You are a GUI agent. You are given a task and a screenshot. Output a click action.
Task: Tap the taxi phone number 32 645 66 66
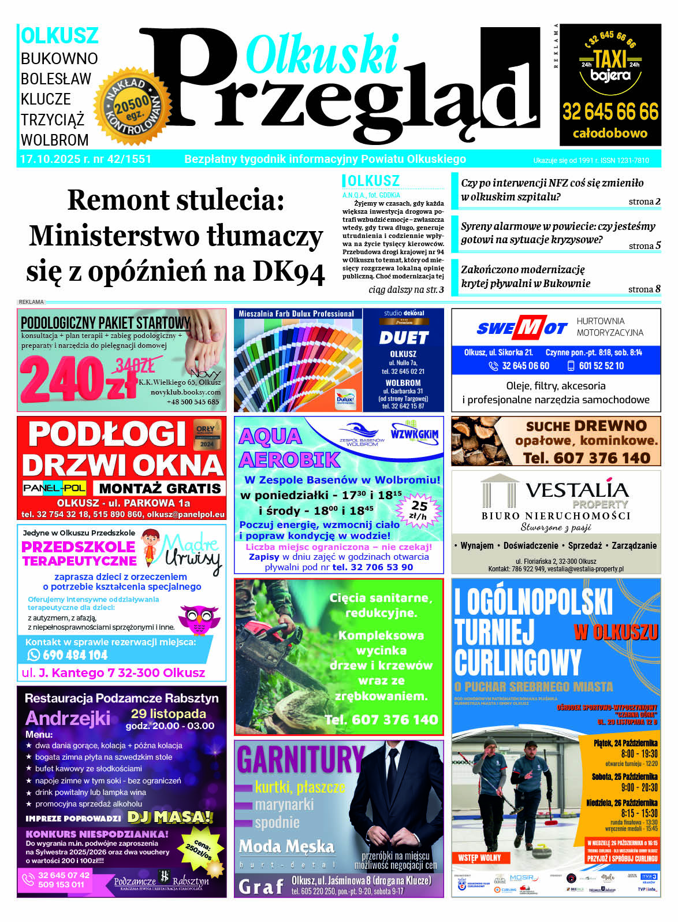click(610, 111)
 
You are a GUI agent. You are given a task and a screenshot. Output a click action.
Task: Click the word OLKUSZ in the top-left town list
click(59, 36)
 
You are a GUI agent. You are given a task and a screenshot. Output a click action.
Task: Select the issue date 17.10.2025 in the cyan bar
click(50, 159)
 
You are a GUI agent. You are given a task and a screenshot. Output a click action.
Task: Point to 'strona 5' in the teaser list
click(645, 246)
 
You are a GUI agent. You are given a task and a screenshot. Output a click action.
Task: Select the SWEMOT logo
click(522, 328)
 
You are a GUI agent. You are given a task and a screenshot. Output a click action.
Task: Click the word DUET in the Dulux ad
click(404, 338)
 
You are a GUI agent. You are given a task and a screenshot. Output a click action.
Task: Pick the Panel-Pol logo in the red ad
click(54, 488)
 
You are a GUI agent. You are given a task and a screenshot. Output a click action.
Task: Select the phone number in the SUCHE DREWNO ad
click(587, 458)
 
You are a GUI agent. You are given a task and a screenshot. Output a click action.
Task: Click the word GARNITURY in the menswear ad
click(300, 760)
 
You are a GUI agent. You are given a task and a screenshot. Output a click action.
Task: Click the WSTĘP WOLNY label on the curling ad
click(480, 858)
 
